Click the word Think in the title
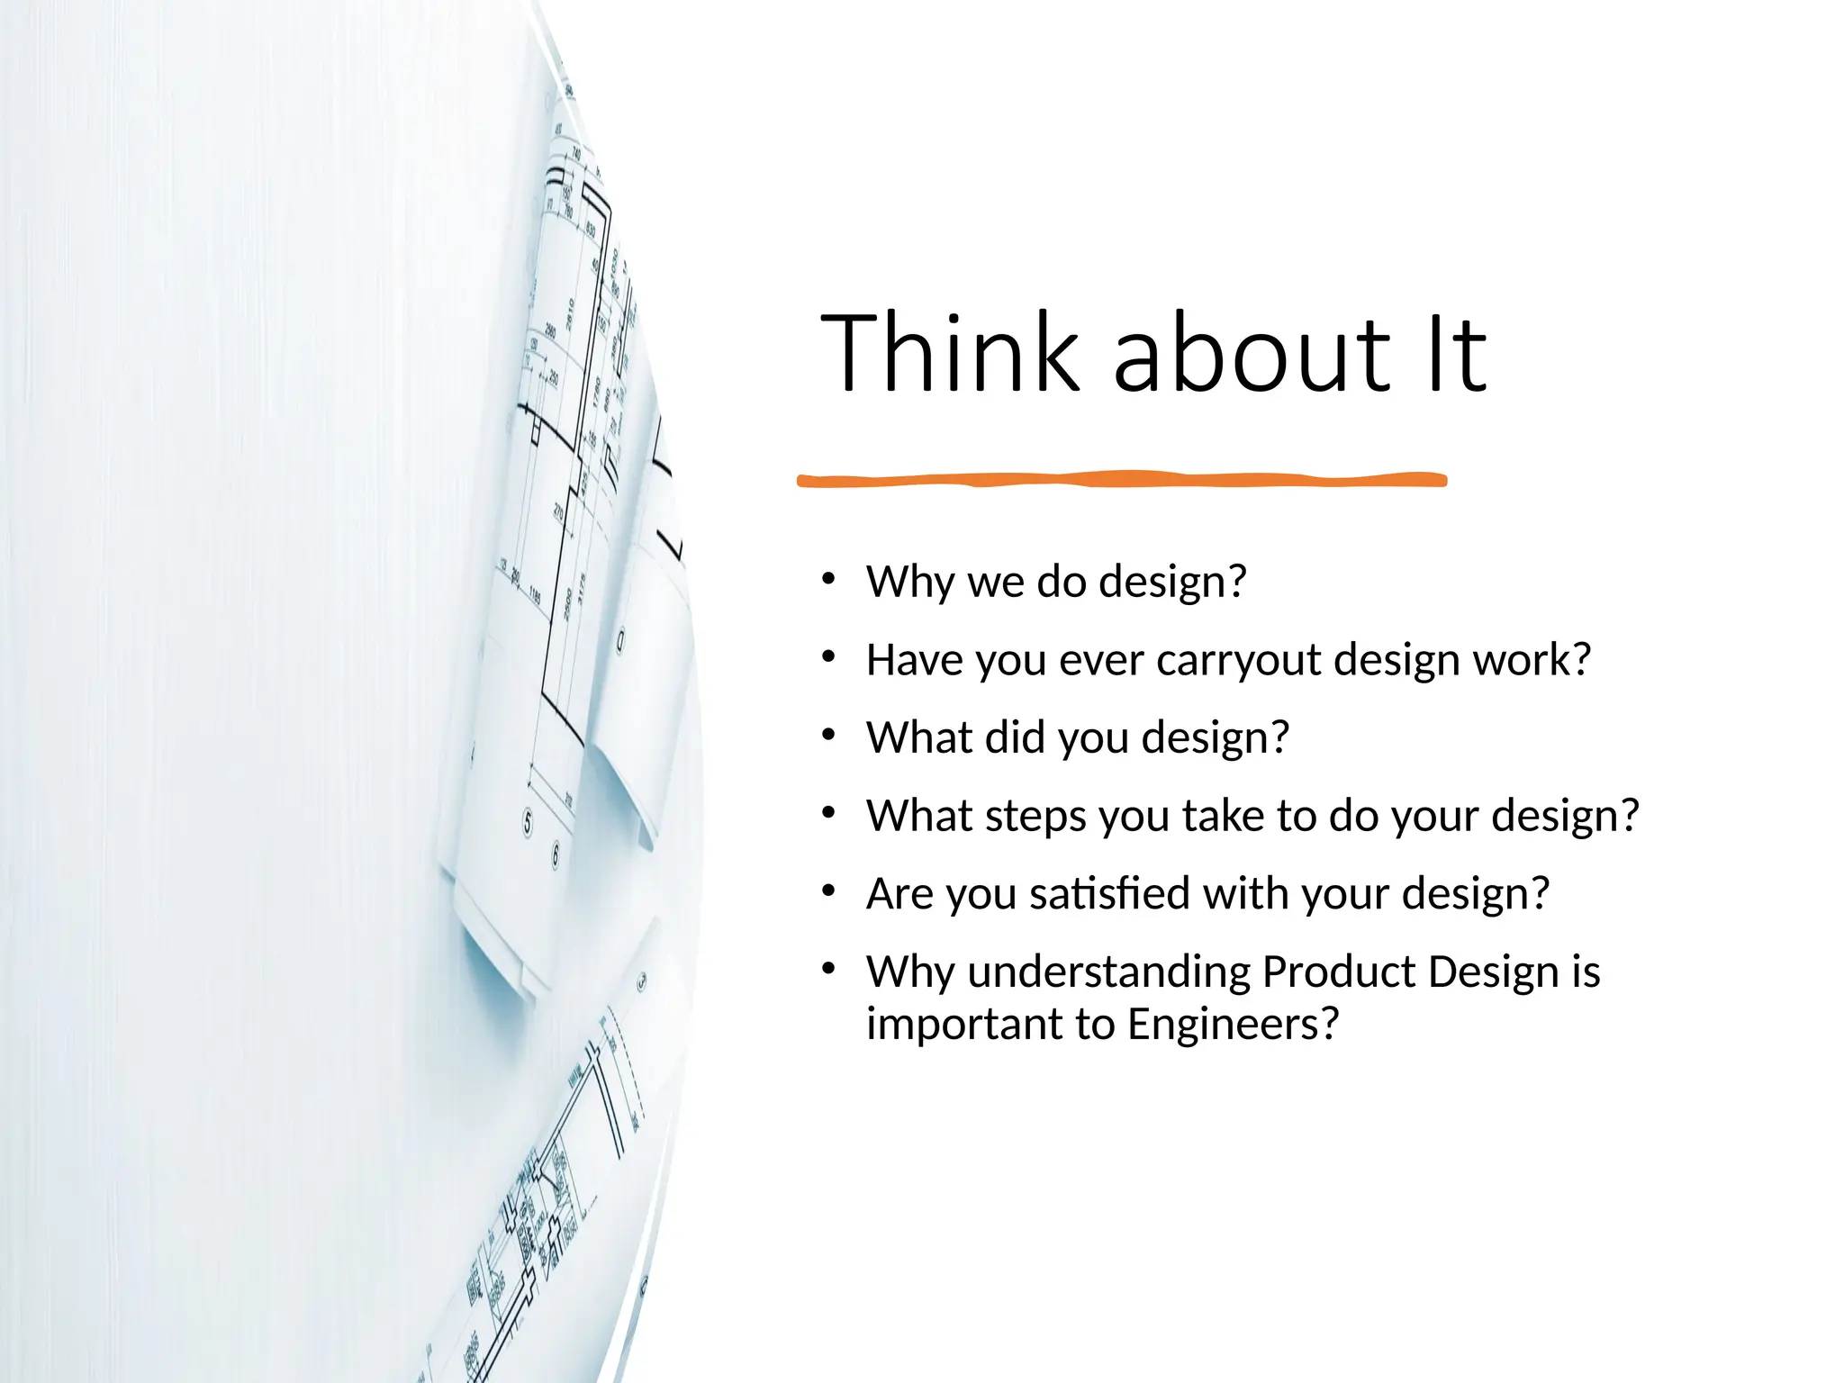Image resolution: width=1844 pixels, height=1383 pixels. (949, 353)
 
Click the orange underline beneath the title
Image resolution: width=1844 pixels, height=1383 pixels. (1121, 480)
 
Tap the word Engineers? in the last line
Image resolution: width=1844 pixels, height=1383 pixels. (1233, 1025)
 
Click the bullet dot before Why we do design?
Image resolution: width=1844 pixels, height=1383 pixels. (828, 579)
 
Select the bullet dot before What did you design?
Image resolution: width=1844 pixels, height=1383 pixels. (828, 735)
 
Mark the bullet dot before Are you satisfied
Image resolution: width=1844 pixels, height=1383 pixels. (828, 891)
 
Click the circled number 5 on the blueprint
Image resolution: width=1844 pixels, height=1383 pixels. (529, 822)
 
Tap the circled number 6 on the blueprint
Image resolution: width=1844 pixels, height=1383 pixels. (556, 854)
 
